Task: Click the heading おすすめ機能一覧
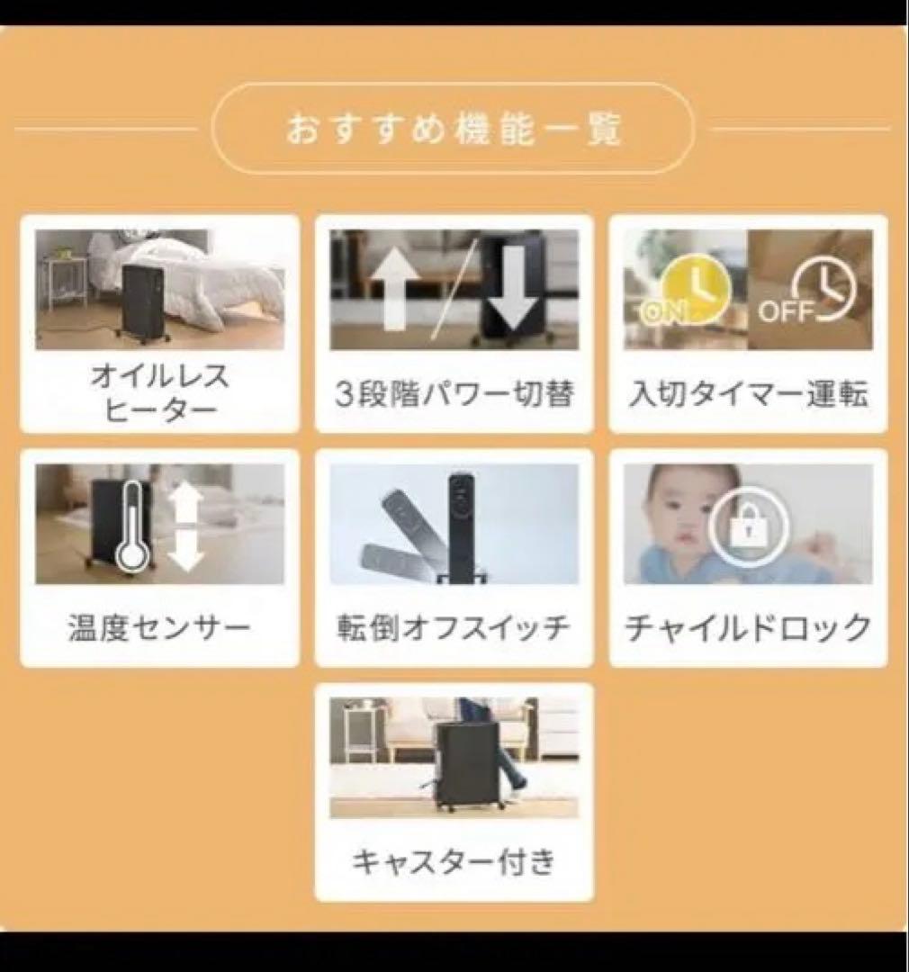pos(454,129)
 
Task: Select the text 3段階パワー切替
pos(454,395)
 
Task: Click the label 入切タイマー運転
pos(748,395)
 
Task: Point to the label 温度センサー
pos(159,627)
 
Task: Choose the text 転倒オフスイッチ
pos(454,627)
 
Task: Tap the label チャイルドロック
pos(748,627)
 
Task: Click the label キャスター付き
pos(454,861)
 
